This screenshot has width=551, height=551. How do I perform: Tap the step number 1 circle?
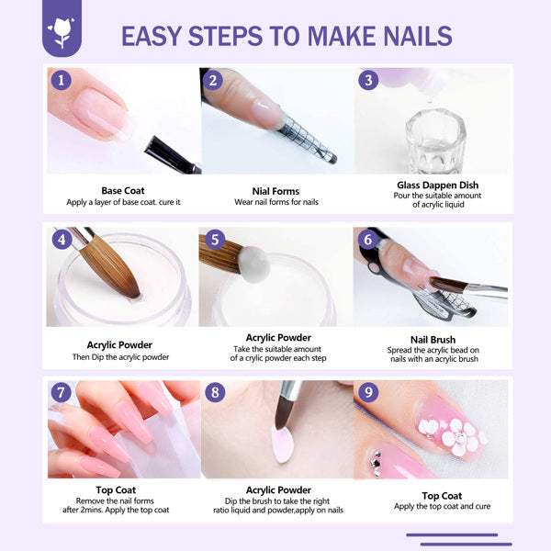[x=62, y=80]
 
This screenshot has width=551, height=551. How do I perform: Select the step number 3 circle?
[x=369, y=80]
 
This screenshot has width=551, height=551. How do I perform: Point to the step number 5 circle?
[x=215, y=241]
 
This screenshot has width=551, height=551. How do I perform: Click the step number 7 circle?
[x=62, y=393]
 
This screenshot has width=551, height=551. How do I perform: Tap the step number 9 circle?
[x=369, y=393]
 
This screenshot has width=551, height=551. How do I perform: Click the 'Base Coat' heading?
[x=124, y=191]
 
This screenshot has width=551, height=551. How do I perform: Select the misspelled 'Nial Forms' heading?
[x=275, y=191]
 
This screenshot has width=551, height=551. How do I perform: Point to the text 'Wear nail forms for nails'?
[x=275, y=203]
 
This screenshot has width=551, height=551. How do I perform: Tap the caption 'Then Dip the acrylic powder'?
[x=121, y=357]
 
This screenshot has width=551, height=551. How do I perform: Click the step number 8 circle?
[x=215, y=393]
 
